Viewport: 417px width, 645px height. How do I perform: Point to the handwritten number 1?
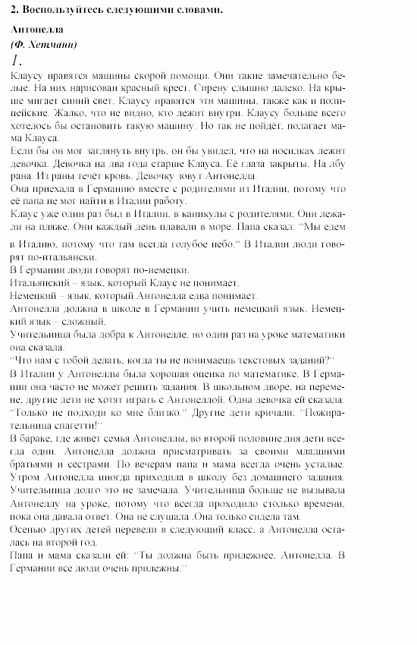point(18,60)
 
